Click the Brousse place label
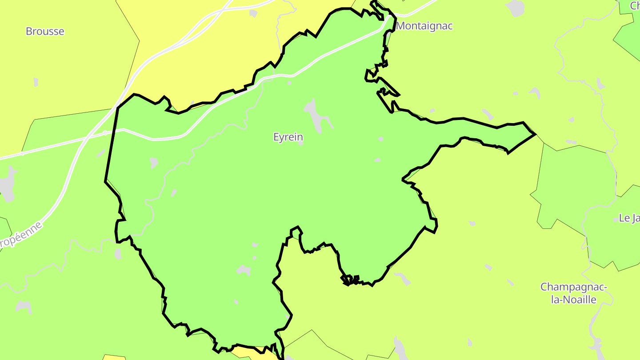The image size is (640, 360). pos(45,32)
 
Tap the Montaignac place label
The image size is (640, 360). pos(424,26)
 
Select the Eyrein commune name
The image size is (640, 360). pos(288,137)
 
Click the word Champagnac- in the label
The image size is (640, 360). pos(573,287)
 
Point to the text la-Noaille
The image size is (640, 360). pos(573,300)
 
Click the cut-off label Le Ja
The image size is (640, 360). pos(629,218)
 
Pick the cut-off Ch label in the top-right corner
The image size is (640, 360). pos(635,6)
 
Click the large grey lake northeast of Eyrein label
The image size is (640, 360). pos(316,114)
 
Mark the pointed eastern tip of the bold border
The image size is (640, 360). pos(535,134)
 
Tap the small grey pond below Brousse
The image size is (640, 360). pos(36,82)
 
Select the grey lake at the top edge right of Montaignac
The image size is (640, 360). pos(516,7)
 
